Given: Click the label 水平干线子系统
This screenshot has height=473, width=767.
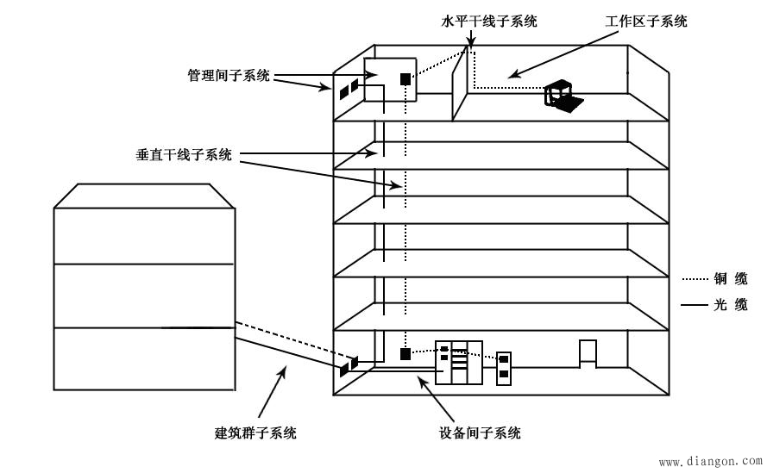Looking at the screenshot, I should coord(488,22).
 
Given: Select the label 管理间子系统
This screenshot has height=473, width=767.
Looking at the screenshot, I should coord(229,76).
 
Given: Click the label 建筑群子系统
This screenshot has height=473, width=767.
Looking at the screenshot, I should coord(255,433).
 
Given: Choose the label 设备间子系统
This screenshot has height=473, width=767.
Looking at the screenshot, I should coord(480,433).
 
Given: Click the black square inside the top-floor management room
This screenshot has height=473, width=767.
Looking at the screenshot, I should coord(405,79).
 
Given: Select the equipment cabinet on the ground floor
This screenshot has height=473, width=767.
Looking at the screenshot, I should coord(458,363).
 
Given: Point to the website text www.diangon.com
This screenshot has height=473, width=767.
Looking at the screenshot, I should coord(712,462).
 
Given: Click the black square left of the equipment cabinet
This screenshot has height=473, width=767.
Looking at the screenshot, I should coord(405,353).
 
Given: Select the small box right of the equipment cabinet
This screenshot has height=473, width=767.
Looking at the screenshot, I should coord(504,366).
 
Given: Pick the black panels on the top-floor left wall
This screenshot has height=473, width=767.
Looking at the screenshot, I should coord(349,89).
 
